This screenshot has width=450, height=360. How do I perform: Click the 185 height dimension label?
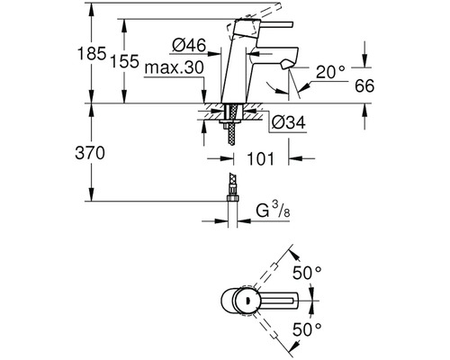[92, 54]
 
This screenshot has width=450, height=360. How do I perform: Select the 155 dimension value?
[125, 61]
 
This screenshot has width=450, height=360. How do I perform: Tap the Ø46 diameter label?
[189, 46]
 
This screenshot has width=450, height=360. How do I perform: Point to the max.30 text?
[174, 68]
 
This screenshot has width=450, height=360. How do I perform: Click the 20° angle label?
[330, 72]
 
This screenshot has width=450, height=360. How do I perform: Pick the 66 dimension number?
[364, 86]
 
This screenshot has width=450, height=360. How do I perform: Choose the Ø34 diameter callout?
[289, 122]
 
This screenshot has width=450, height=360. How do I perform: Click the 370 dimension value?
[90, 153]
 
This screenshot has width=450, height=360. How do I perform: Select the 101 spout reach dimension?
[260, 158]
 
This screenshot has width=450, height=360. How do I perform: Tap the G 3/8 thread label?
[273, 210]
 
